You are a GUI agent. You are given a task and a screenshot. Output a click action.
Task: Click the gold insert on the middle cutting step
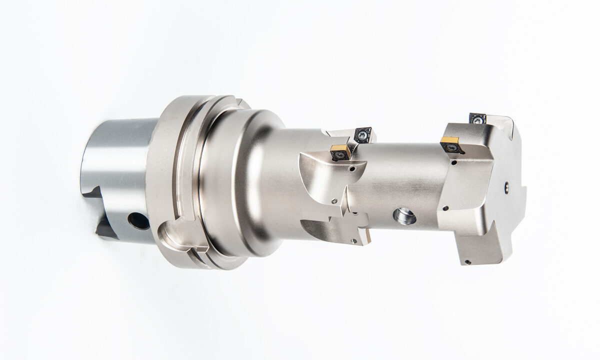(x=339, y=151)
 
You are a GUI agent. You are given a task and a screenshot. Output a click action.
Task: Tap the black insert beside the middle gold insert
(x=362, y=135)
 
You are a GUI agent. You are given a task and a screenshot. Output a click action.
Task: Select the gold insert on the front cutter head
(x=451, y=144)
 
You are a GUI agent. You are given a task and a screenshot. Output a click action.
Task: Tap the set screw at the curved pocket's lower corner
(x=334, y=201)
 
